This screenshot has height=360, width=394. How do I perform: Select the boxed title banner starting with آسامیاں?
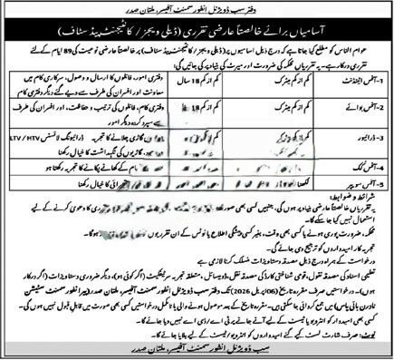[197, 30]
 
